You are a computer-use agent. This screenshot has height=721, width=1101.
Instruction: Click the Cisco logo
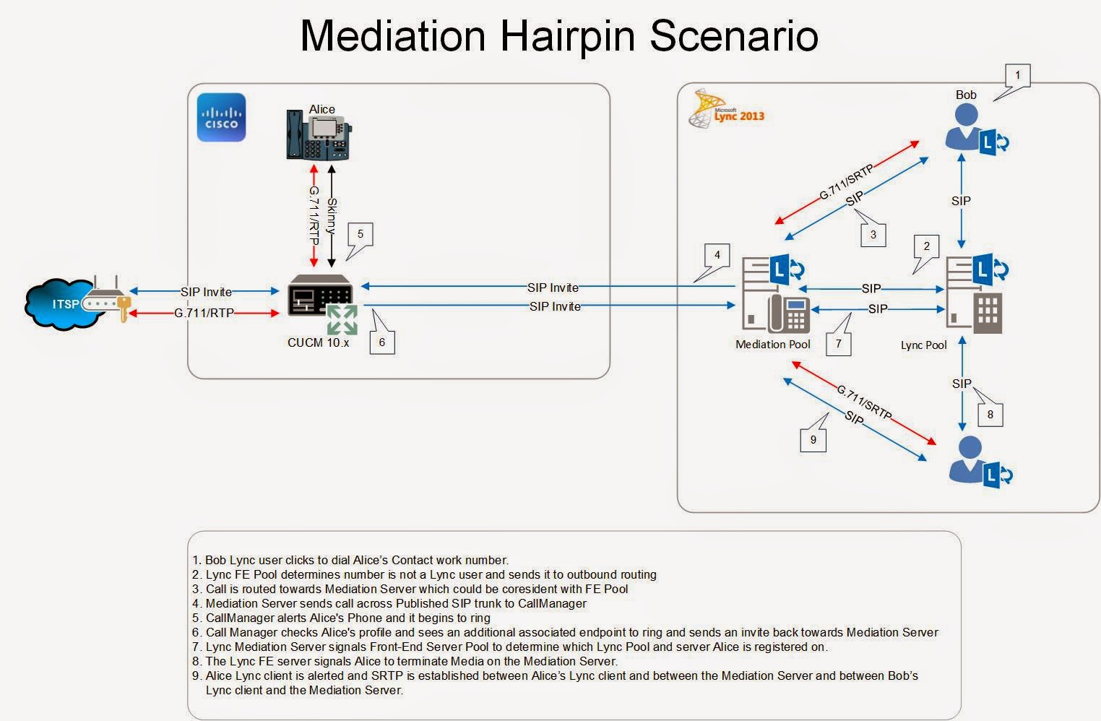pyautogui.click(x=221, y=118)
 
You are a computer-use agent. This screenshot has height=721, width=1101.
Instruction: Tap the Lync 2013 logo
pyautogui.click(x=727, y=109)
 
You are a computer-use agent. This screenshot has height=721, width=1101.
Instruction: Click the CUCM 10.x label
pyautogui.click(x=318, y=342)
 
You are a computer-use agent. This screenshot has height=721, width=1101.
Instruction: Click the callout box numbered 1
pyautogui.click(x=1017, y=76)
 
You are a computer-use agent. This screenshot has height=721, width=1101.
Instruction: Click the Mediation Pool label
pyautogui.click(x=773, y=345)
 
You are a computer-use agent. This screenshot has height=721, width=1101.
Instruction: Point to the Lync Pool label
pyautogui.click(x=923, y=345)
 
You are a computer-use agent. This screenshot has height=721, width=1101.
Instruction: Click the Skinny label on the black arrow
pyautogui.click(x=332, y=216)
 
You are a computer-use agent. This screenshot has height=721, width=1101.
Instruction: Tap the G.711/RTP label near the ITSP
pyautogui.click(x=204, y=313)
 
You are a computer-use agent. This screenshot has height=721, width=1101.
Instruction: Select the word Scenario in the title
pyautogui.click(x=734, y=35)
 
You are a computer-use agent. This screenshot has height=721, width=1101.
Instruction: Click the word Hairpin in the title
pyautogui.click(x=568, y=37)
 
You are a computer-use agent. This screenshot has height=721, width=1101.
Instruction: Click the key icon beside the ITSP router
pyautogui.click(x=124, y=308)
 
